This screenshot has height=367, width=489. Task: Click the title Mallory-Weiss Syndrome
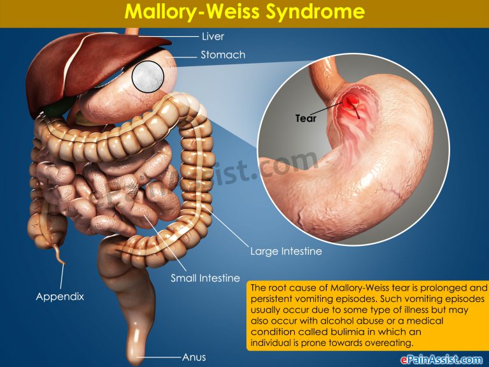(244, 13)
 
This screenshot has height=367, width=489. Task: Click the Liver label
(213, 36)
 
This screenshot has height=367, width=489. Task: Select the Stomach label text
(223, 55)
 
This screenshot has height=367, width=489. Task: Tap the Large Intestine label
(286, 251)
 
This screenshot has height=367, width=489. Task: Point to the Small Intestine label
(205, 278)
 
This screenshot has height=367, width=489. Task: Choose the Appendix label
(60, 296)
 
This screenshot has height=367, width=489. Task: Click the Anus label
(194, 357)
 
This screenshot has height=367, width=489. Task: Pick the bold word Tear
(306, 118)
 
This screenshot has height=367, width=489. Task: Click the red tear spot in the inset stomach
(352, 103)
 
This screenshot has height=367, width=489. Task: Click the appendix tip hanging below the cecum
(62, 260)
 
